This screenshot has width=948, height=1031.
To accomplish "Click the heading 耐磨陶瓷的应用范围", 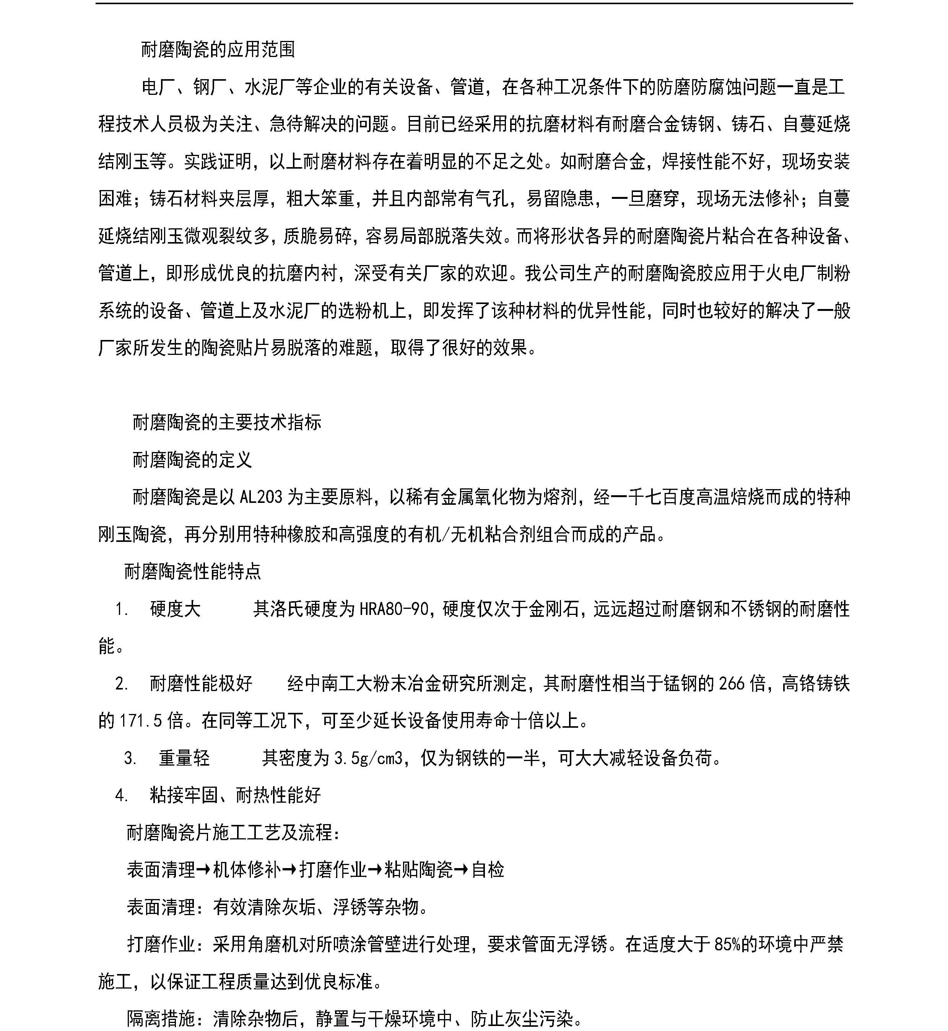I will click(218, 49).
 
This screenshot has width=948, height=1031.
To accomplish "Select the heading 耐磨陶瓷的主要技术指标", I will click(227, 422).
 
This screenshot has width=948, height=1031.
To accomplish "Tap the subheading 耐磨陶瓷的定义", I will click(192, 460).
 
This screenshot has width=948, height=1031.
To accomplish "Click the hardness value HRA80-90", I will click(394, 609).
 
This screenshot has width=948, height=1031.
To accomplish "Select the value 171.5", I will click(141, 721).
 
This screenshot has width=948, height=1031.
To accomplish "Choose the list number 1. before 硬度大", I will click(122, 609).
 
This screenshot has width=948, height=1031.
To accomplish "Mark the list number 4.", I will click(122, 795).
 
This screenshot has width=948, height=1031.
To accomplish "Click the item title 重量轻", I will click(184, 758).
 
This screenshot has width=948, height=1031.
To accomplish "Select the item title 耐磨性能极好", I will click(201, 684).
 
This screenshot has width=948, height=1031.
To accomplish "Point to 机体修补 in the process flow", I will click(247, 870).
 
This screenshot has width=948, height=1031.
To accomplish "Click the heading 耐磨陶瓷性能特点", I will click(192, 571).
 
